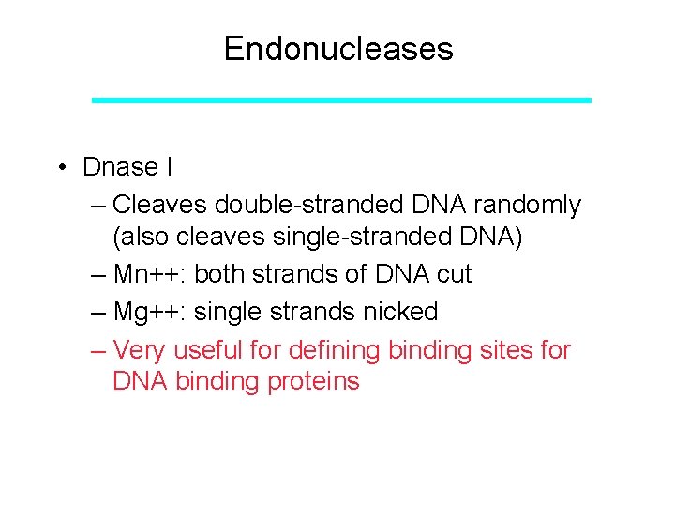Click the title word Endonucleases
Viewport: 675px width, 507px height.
[x=337, y=49]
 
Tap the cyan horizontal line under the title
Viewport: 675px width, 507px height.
[x=341, y=100]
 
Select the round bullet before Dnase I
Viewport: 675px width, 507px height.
[x=59, y=168]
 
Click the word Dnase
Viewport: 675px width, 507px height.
[x=120, y=167]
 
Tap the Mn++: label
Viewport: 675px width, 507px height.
[x=149, y=274]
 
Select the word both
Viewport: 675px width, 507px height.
[x=220, y=274]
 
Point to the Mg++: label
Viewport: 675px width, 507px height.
[x=149, y=312]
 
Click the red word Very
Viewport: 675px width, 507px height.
[x=141, y=350]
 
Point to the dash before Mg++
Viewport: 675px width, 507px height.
[x=99, y=312]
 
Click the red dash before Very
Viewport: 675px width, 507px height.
[x=99, y=350]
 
